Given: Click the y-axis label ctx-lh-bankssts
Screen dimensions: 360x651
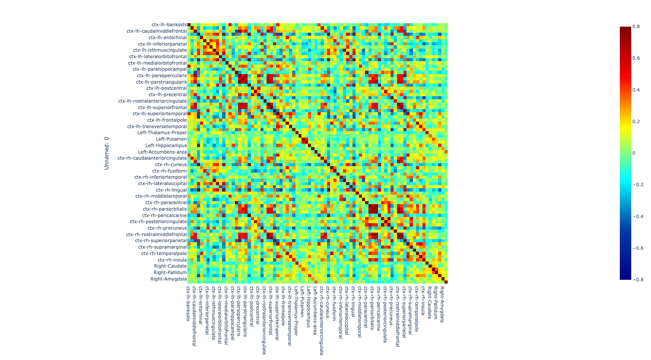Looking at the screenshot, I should pos(169,25).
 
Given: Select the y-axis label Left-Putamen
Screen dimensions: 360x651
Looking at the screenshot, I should pos(171,139).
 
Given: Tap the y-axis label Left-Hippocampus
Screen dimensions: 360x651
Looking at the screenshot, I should pos(166,146).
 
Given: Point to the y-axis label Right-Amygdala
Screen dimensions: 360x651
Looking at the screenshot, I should pos(168,279).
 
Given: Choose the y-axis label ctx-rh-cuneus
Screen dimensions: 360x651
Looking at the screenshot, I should pos(171,165).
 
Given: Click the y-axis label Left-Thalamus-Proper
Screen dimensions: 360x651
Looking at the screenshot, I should pos(162,133).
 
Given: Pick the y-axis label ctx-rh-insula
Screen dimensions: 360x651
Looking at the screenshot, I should pos(172,260).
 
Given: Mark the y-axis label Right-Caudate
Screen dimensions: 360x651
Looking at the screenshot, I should pos(170,266).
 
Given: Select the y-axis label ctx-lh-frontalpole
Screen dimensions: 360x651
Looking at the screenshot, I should pos(167,120).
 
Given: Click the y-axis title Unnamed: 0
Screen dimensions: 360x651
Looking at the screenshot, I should pos(106,153).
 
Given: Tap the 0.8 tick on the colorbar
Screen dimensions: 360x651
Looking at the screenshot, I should pos(636,27).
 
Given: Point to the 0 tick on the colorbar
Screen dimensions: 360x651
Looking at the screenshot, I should pos(634,153).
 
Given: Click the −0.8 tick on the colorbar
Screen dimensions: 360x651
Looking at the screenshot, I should pos(637,280).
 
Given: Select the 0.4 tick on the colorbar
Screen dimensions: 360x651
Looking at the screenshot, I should pos(636,90).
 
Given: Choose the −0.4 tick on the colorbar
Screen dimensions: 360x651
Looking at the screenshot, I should pos(637,217).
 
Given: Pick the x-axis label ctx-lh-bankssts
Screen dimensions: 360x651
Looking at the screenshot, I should pos(188,303).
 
